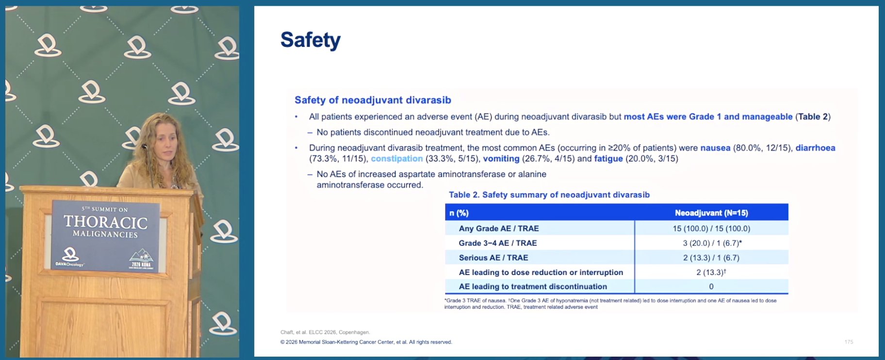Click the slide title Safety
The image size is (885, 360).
click(x=311, y=40)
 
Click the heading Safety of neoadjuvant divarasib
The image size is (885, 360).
click(x=373, y=100)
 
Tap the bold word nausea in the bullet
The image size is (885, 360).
click(x=715, y=148)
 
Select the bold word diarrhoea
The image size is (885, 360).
click(x=815, y=148)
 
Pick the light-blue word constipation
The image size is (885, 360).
click(x=397, y=159)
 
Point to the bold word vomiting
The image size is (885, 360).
click(x=501, y=159)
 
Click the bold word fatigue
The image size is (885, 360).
click(x=608, y=159)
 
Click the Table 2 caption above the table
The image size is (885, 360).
click(x=549, y=195)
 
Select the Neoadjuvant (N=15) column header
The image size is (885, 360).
click(x=711, y=213)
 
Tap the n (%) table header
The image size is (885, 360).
click(x=459, y=213)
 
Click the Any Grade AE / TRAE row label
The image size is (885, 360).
click(x=499, y=229)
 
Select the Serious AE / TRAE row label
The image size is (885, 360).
click(x=493, y=258)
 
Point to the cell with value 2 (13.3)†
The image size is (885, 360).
click(x=711, y=272)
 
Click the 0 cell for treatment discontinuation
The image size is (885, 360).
click(x=711, y=287)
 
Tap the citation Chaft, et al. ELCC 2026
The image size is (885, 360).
click(x=325, y=332)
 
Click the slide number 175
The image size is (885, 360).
click(x=849, y=342)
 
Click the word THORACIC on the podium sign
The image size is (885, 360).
click(x=106, y=222)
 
